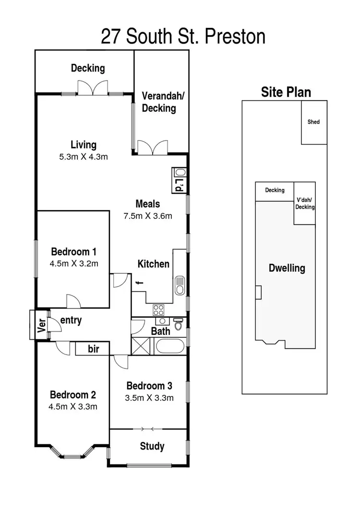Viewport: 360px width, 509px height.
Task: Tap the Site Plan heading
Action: [286, 92]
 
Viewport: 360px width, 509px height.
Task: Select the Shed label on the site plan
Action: [313, 122]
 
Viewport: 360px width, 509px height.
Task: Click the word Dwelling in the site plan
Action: [287, 268]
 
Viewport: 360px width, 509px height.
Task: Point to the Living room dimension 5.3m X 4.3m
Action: [83, 156]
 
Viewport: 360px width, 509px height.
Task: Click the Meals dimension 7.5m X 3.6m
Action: [147, 215]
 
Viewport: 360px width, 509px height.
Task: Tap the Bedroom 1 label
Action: [74, 251]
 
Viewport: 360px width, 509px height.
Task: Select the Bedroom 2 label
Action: [73, 395]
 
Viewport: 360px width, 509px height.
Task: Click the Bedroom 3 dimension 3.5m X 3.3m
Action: [149, 397]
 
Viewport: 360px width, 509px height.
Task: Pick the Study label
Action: [152, 447]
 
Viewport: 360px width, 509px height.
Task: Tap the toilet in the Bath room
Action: [178, 325]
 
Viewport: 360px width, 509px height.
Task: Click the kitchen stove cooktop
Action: [158, 309]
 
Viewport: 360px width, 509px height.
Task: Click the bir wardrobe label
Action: [93, 349]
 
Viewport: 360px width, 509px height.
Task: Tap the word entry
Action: [71, 320]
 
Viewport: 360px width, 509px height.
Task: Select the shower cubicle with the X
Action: [141, 346]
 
